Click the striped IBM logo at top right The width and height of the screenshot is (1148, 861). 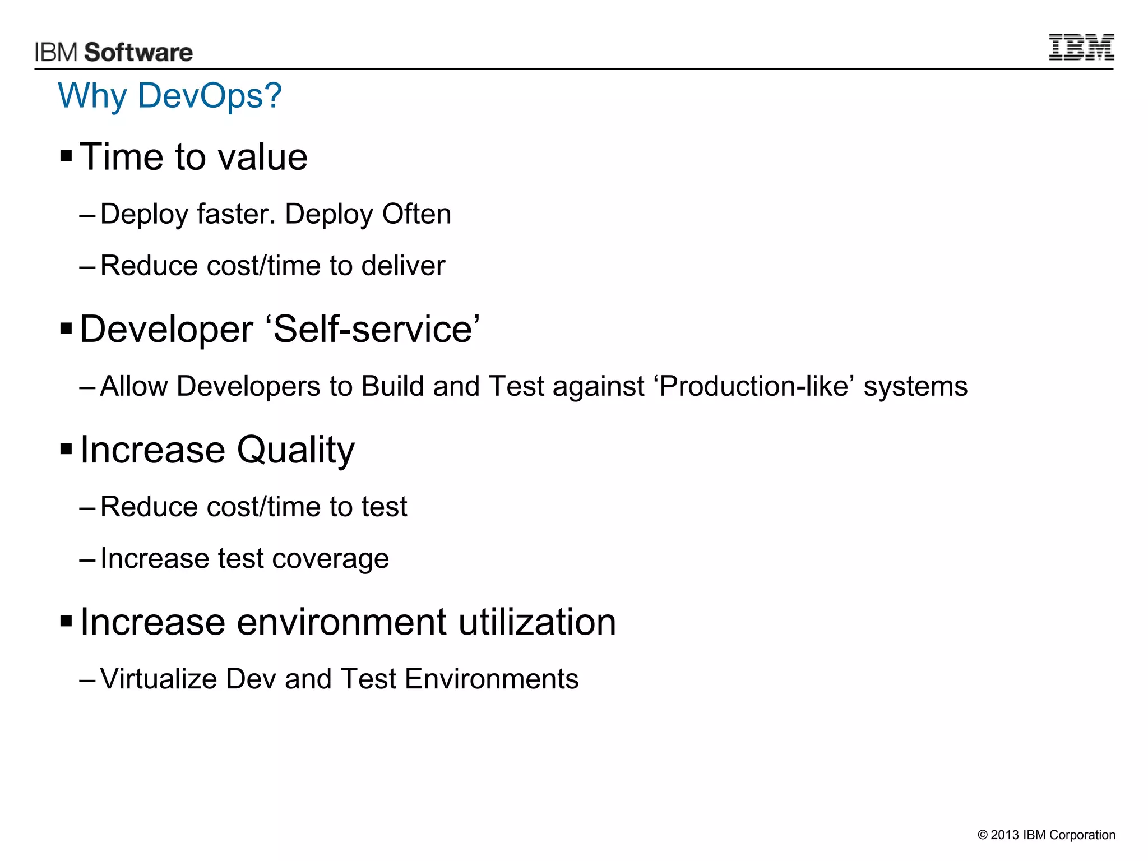coord(1081,47)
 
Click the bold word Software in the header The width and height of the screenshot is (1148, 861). coord(138,52)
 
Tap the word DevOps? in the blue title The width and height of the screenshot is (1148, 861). coord(210,96)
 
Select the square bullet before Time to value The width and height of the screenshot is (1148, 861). coord(66,155)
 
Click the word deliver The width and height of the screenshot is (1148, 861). coord(403,266)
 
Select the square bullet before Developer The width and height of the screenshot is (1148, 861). coord(66,328)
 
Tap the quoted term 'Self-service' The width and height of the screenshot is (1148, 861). coord(376,329)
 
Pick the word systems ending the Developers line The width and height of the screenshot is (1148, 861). coord(915,387)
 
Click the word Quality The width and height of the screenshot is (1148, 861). coord(295,450)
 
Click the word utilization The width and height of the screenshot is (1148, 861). coord(537,622)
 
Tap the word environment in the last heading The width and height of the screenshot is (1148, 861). coord(341,622)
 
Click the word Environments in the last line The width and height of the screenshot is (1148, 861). coord(491,679)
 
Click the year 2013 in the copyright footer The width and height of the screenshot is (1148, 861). coord(1004,835)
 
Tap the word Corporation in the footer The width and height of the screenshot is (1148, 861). coord(1082,835)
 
